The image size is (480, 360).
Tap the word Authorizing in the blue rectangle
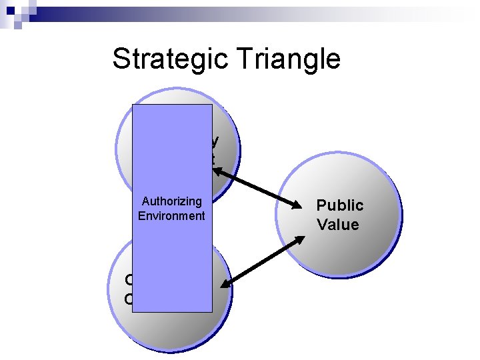[171, 201]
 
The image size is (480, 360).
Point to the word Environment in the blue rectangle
[171, 215]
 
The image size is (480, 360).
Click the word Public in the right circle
[339, 205]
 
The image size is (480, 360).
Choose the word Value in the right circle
[338, 225]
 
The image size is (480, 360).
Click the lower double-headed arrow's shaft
[259, 267]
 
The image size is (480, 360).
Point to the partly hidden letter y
[215, 142]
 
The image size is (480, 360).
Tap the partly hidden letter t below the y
[213, 159]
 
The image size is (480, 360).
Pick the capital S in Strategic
[121, 59]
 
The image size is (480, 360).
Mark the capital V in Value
[323, 225]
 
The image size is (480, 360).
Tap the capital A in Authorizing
[146, 201]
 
